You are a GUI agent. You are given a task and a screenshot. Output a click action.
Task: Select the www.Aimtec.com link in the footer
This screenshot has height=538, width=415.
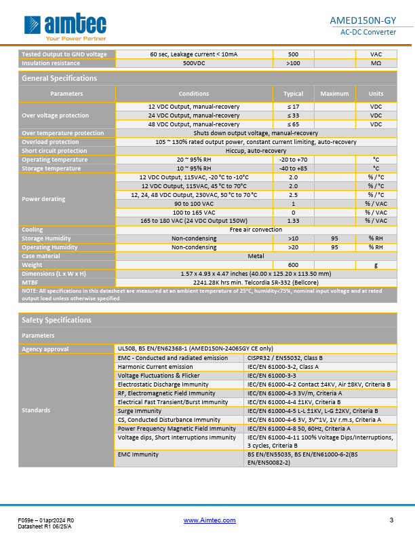210,520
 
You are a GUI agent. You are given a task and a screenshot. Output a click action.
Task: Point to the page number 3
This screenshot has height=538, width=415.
391,520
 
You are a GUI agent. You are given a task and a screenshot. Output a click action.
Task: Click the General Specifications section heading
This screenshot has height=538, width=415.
60,78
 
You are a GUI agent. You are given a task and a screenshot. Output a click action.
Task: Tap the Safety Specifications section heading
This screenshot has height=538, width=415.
56,319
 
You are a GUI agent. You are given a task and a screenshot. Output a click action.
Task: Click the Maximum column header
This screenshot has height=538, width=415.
334,94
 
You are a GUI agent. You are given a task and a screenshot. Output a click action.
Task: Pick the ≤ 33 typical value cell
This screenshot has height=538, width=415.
293,115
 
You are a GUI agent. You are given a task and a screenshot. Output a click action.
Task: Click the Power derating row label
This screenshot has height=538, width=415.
44,199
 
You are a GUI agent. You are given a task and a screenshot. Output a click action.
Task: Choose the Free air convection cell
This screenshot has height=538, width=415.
256,230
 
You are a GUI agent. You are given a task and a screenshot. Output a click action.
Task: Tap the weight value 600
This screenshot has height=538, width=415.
293,265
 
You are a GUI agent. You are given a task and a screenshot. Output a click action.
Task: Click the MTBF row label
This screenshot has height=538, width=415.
31,282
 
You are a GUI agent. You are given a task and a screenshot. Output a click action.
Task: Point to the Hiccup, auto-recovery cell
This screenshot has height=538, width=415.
256,151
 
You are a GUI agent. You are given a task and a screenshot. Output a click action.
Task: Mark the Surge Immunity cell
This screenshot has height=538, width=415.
140,411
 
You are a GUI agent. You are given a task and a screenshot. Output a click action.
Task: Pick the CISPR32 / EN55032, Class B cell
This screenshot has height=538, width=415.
285,357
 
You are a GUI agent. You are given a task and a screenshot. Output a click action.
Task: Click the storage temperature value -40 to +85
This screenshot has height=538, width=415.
293,168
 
